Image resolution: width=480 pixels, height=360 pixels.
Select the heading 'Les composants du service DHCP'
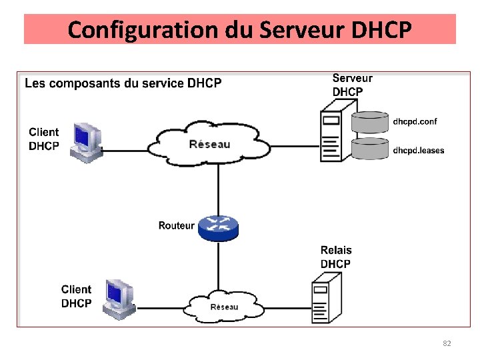pos(123,83)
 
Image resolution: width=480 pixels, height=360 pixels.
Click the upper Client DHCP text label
pos(44,139)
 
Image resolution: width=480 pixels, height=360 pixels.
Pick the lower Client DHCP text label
pos(76,296)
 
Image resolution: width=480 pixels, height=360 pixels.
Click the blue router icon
pos(218,227)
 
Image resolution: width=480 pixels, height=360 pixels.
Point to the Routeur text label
pos(176,226)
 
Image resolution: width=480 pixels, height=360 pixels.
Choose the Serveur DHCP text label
pos(352,85)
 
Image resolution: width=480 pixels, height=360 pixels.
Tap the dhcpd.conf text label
pos(415,121)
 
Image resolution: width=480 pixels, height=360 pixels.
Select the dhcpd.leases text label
pos(418,150)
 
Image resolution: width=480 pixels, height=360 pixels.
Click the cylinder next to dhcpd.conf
pos(369,121)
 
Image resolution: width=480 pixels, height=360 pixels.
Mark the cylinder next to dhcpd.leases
pos(369,148)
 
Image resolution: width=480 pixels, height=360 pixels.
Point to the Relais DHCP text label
pos(336,257)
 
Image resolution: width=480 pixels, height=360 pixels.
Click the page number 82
pos(447,343)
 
